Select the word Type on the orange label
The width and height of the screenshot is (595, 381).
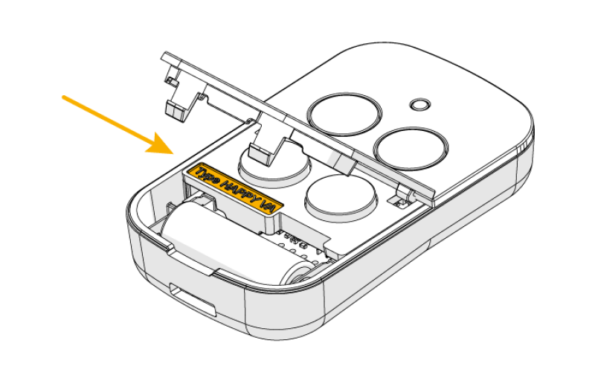coord(206,176)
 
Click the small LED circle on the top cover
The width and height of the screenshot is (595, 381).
coord(420,105)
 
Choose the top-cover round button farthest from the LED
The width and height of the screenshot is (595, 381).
coord(344,114)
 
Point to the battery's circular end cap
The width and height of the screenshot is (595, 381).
coord(300,272)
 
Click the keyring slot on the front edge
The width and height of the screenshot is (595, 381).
coord(192,299)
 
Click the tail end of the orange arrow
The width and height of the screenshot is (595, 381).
coord(64,97)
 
